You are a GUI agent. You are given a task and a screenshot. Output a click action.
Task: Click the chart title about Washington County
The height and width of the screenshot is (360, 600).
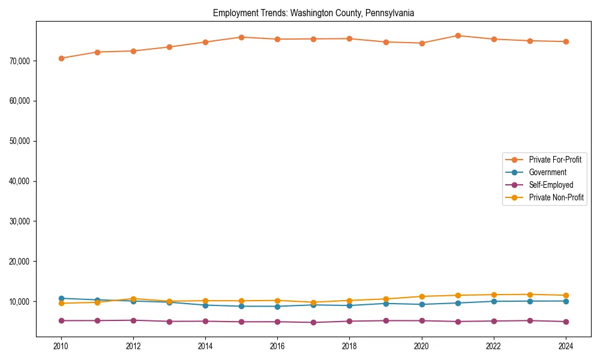[x=313, y=13]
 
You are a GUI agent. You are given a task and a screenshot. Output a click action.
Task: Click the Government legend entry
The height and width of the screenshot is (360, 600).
[x=547, y=172]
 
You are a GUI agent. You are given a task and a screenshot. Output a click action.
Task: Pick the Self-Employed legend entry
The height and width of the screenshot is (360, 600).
[x=551, y=185]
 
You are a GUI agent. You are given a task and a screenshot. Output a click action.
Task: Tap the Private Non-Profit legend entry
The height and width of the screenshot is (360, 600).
[x=556, y=197]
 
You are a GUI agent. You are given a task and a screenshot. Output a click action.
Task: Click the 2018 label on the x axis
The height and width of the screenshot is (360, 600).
[x=349, y=346]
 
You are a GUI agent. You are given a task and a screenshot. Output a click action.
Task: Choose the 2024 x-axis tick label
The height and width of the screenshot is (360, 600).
[x=566, y=346]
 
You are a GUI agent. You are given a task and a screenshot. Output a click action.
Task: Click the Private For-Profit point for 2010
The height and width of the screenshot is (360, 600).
[x=61, y=58]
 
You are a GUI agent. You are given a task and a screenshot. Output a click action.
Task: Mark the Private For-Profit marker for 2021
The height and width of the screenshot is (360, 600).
[x=458, y=35]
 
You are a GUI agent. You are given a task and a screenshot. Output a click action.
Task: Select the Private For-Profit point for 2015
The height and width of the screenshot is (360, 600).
[x=241, y=37]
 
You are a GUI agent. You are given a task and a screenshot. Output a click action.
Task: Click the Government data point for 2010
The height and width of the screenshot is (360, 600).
[x=61, y=298]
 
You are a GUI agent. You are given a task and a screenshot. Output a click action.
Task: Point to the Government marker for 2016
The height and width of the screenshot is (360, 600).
[x=277, y=306]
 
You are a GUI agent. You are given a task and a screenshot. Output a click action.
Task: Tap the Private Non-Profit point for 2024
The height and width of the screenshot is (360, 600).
[x=566, y=295]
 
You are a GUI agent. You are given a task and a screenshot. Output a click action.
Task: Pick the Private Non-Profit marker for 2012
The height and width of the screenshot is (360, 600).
[x=133, y=299]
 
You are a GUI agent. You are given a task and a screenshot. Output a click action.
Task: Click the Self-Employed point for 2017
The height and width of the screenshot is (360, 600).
[x=313, y=322]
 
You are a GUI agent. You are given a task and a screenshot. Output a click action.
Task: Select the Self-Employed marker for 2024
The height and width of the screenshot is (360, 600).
[x=566, y=322]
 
